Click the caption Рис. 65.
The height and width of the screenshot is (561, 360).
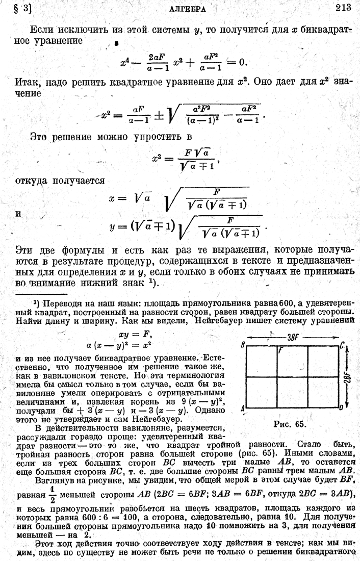[289, 423]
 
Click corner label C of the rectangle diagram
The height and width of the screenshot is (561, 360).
[342, 345]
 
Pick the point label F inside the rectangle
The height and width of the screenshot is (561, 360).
[281, 351]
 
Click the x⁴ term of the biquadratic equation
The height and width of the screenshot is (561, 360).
[124, 63]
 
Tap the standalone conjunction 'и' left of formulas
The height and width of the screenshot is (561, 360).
[18, 214]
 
